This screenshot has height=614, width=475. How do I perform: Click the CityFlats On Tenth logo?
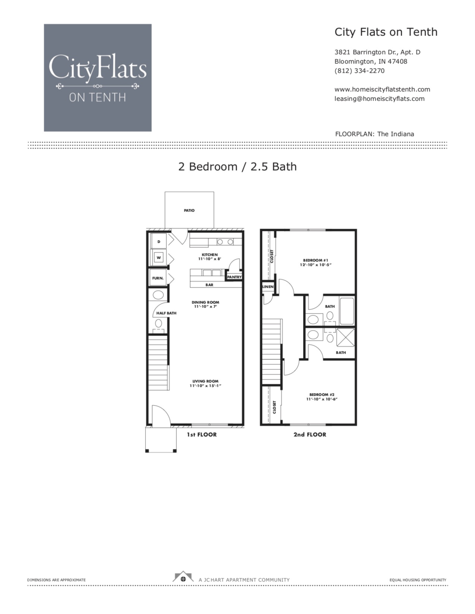[x=97, y=77]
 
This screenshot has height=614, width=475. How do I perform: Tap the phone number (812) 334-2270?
[x=359, y=71]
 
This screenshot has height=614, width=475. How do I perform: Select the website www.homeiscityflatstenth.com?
[x=382, y=89]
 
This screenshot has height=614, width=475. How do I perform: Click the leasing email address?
[x=379, y=99]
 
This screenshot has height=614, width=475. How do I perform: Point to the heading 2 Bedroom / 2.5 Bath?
[x=237, y=166]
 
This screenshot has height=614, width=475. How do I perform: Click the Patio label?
[x=189, y=210]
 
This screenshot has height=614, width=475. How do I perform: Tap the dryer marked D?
[x=159, y=242]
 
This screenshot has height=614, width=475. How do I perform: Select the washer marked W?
[x=159, y=258]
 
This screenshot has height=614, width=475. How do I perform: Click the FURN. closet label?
[x=158, y=278]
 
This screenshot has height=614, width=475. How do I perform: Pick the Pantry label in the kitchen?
[x=234, y=277]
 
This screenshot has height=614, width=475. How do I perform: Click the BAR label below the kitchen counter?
[x=209, y=285]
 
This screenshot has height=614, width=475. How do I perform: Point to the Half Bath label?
[x=166, y=313]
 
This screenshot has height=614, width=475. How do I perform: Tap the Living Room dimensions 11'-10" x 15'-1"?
[x=205, y=385]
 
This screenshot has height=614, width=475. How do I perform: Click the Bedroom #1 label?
[x=315, y=260]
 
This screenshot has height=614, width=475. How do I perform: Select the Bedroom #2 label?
[x=322, y=395]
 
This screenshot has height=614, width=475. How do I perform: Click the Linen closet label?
[x=268, y=287]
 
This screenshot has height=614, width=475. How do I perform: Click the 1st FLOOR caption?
[x=201, y=435]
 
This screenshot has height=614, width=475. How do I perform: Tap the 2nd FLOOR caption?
[x=310, y=435]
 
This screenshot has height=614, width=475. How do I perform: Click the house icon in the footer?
[x=182, y=577]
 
